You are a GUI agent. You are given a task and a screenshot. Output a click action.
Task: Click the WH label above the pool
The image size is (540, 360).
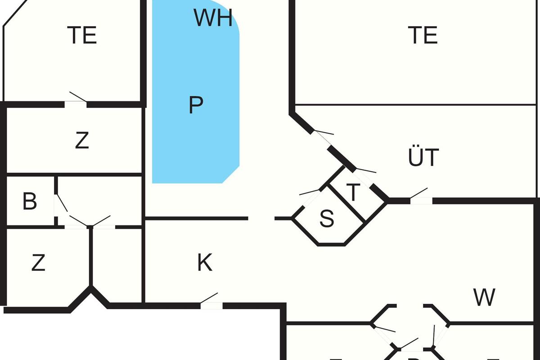[x=213, y=18]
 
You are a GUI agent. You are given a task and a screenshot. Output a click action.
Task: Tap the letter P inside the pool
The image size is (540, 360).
[x=196, y=105]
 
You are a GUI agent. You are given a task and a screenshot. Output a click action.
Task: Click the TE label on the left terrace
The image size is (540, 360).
[x=82, y=35]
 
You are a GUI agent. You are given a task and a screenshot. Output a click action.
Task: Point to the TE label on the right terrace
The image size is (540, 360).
[x=423, y=35]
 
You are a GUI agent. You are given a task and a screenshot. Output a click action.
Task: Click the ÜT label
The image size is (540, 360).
[x=423, y=157]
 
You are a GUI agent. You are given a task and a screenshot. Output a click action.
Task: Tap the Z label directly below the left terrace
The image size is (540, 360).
[x=82, y=141]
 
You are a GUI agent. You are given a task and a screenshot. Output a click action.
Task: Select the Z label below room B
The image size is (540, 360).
[x=38, y=263]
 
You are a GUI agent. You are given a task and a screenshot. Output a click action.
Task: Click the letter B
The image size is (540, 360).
[x=30, y=202]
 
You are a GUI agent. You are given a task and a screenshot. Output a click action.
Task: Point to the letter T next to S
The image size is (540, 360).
[x=354, y=193]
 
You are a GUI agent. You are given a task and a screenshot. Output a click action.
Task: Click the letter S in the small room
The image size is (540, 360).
[x=327, y=218]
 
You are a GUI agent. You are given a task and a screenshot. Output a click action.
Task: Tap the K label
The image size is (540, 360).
[x=205, y=263]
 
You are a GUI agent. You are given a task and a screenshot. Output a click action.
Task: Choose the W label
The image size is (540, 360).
[x=484, y=297]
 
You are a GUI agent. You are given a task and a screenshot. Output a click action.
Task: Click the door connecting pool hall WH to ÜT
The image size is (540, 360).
[x=322, y=138]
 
